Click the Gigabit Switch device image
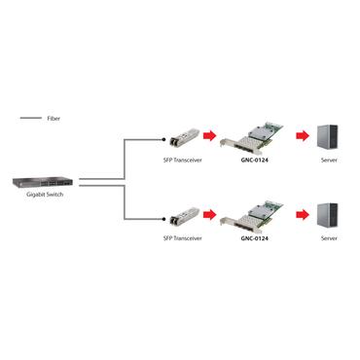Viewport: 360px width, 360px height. click(41, 181)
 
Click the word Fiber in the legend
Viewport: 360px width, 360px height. click(54, 118)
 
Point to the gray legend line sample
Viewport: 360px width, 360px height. click(30, 118)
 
